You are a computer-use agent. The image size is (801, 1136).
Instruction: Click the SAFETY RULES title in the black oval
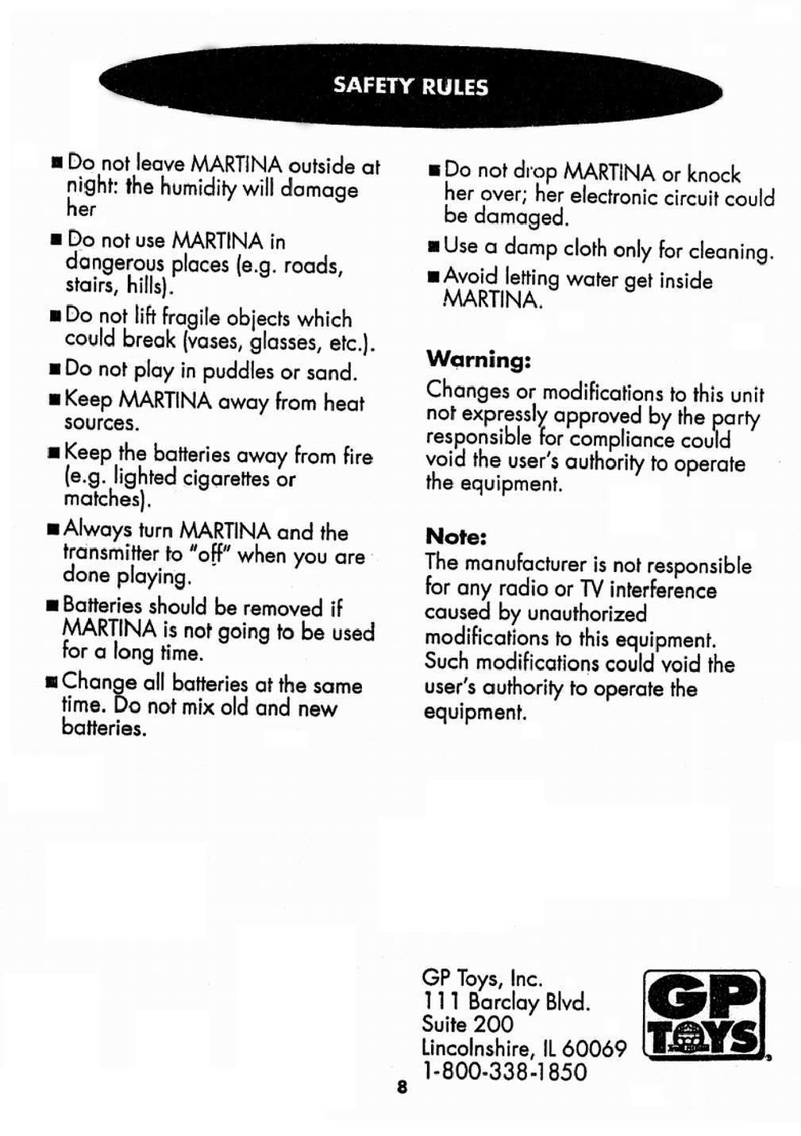pyautogui.click(x=410, y=86)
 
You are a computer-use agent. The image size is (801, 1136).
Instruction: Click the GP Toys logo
pyautogui.click(x=703, y=1015)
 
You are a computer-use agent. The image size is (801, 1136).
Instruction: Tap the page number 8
pyautogui.click(x=402, y=1087)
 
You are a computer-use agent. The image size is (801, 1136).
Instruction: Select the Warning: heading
pyautogui.click(x=478, y=360)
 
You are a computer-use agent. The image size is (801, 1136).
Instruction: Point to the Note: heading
pyautogui.click(x=456, y=536)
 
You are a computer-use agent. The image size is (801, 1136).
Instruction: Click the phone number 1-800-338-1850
pyautogui.click(x=504, y=1072)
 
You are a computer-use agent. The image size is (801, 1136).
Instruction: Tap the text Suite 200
pyautogui.click(x=467, y=1025)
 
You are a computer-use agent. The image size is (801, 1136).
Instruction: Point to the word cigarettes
pyautogui.click(x=226, y=478)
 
